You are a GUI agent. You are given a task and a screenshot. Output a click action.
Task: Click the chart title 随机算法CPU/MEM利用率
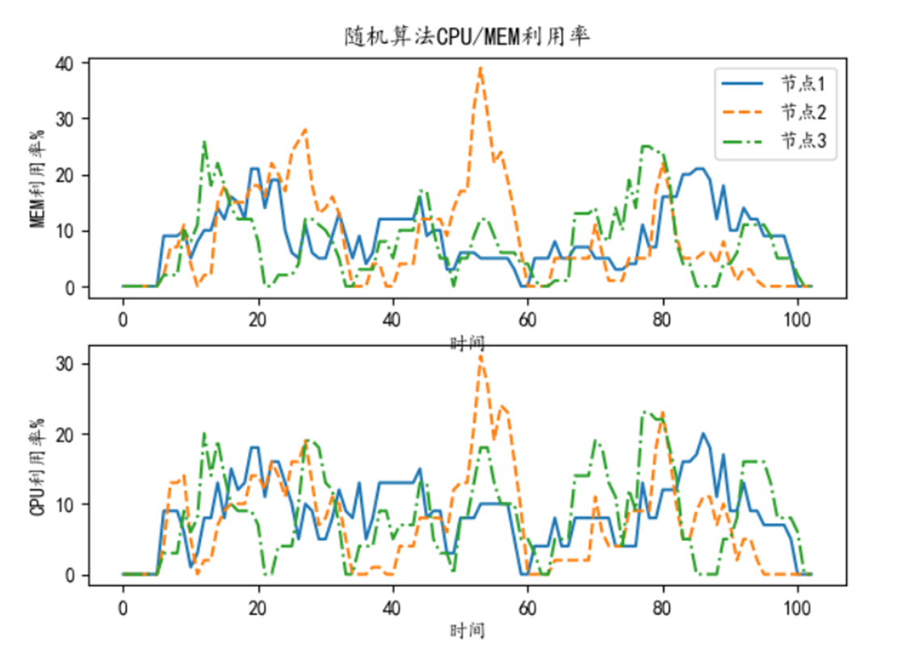click(468, 36)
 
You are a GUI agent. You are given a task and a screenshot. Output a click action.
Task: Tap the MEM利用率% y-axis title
click(38, 178)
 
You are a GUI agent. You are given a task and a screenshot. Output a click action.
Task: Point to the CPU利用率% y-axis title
click(38, 466)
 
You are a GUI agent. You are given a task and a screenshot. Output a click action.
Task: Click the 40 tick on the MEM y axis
click(65, 63)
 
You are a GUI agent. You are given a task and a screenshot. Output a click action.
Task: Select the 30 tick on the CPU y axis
click(65, 364)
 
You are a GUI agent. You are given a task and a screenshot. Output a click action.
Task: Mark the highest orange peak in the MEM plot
click(480, 68)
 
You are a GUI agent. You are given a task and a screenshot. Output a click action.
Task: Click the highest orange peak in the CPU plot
click(480, 354)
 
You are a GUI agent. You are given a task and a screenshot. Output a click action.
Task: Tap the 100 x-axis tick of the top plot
click(798, 320)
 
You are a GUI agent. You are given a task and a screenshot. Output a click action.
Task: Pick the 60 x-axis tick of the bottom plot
click(527, 608)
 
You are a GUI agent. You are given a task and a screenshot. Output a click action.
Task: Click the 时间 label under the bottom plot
click(468, 630)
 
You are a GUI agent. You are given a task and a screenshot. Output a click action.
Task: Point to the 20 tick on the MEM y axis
click(65, 175)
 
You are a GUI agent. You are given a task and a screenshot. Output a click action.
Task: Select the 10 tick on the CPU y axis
click(65, 504)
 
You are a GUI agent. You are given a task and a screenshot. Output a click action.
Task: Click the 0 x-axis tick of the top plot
click(123, 320)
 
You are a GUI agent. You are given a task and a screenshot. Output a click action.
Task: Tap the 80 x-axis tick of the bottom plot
click(662, 608)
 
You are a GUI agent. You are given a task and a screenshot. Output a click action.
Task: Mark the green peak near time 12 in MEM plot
click(203, 141)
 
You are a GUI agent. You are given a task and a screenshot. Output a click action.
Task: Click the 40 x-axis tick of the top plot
click(392, 320)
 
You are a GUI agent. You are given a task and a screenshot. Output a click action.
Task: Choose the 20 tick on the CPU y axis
click(65, 434)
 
